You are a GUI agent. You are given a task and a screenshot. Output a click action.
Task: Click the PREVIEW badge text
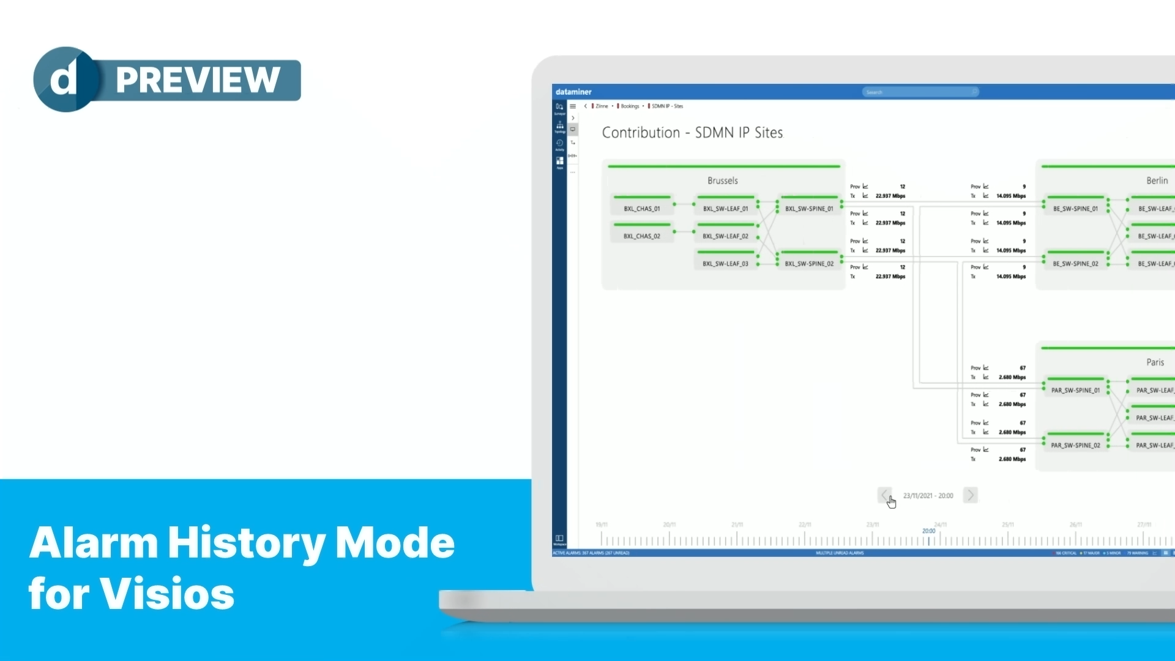point(198,80)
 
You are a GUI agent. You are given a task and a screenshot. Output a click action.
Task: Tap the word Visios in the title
point(167,594)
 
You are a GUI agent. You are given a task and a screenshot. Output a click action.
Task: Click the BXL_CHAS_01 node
point(641,209)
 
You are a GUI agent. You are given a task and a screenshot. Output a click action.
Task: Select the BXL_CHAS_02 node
point(641,236)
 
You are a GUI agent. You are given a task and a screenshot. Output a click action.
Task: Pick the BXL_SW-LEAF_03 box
point(725,264)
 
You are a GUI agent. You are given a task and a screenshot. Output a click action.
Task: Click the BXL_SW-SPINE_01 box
point(809,209)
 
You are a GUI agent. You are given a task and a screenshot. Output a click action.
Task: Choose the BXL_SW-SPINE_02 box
point(809,264)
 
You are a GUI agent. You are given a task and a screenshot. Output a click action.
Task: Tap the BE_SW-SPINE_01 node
point(1075,209)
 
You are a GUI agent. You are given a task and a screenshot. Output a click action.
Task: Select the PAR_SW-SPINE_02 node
point(1075,446)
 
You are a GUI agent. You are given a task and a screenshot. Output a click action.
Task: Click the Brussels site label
point(722,181)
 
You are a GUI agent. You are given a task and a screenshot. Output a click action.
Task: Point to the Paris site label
point(1155,362)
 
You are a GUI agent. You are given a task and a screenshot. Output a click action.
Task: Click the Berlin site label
point(1157,181)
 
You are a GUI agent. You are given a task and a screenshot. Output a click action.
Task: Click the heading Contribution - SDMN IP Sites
point(692,133)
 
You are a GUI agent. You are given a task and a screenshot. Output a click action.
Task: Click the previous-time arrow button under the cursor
point(884,495)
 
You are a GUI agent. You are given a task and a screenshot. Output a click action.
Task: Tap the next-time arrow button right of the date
point(970,495)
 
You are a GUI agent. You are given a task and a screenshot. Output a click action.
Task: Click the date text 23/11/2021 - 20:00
point(928,496)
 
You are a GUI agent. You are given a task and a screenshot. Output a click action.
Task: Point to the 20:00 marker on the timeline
point(928,531)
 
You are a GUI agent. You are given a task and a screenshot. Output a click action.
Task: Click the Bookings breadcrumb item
point(629,106)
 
